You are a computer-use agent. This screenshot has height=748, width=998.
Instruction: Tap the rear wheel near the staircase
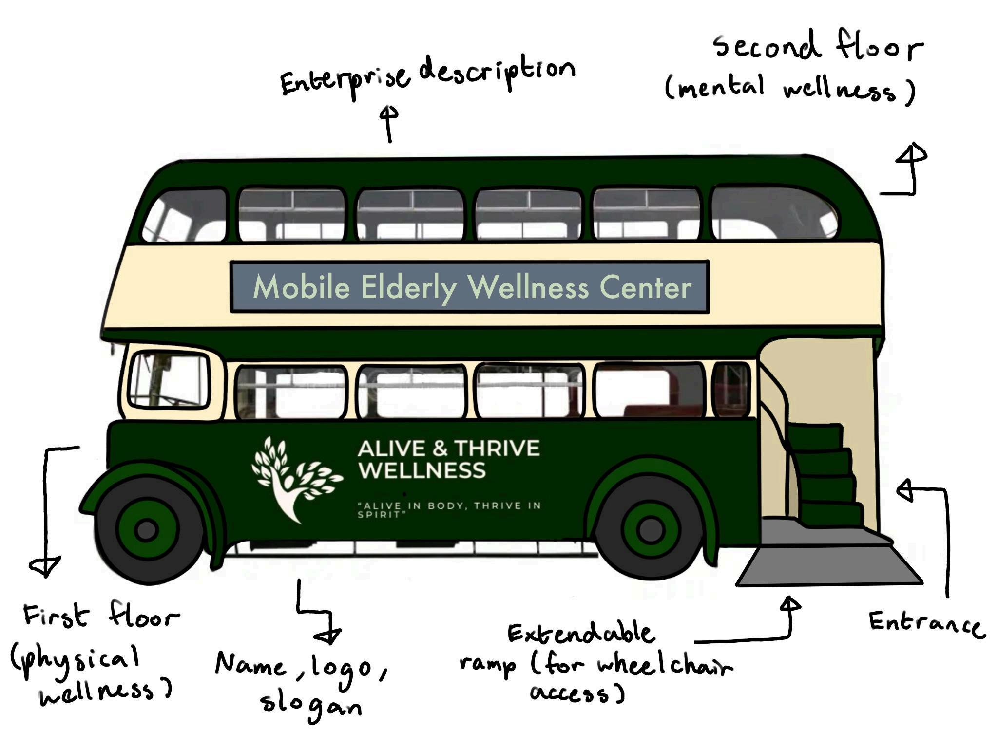point(650,530)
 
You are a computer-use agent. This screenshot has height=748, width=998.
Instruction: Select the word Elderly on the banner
point(408,287)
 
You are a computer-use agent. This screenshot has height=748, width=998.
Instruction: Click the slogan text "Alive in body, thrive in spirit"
point(448,509)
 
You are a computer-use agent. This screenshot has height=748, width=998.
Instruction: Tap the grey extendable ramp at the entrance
point(828,565)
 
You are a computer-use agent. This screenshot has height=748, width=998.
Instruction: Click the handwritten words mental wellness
point(789,90)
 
